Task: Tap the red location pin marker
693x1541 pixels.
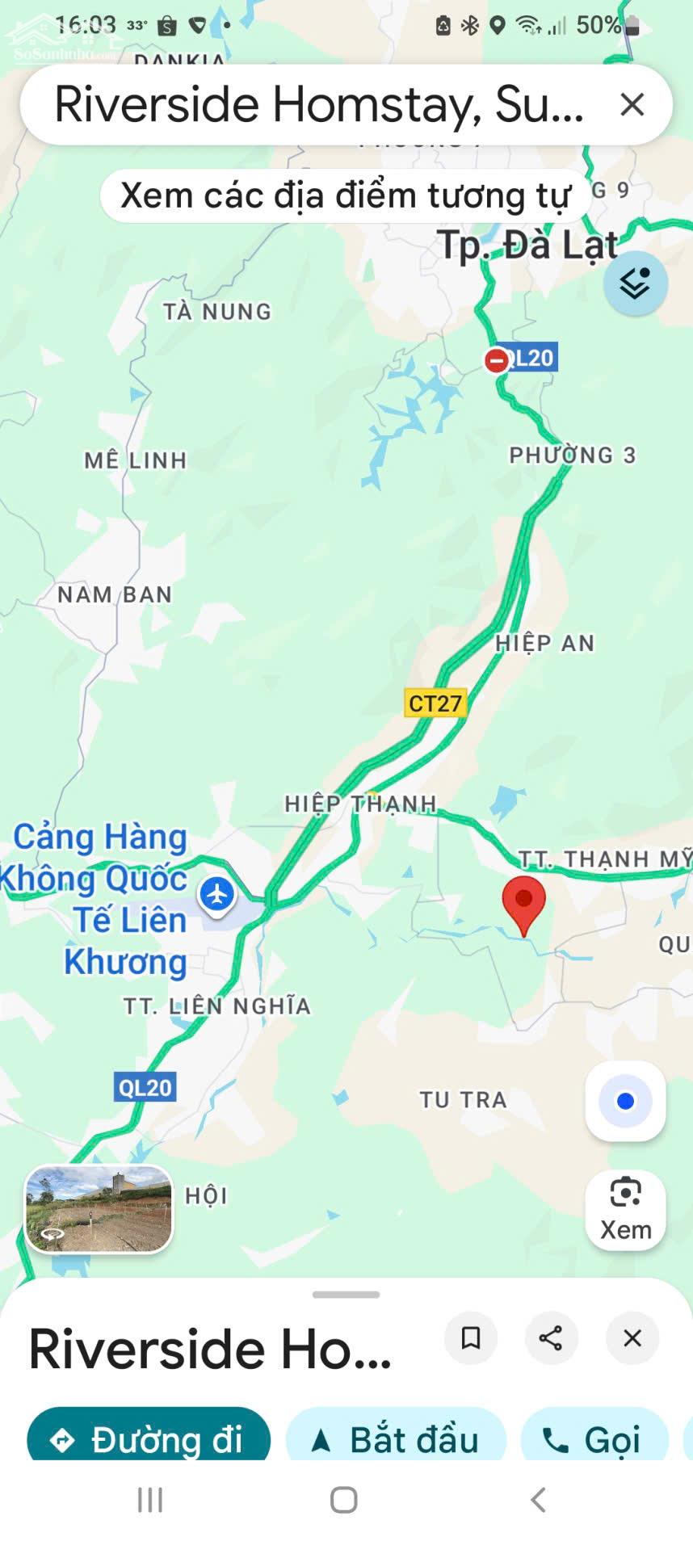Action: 523,901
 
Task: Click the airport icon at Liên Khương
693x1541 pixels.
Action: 216,894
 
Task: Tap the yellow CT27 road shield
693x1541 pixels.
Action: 435,703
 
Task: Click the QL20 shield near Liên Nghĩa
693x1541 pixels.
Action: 145,1087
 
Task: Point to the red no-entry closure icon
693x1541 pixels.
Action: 497,360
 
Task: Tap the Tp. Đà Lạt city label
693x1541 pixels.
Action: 527,245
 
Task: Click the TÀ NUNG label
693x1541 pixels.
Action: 216,312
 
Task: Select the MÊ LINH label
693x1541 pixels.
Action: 136,460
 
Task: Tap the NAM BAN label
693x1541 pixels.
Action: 115,594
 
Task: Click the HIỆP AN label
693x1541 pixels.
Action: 544,643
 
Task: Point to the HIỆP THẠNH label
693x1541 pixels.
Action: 360,804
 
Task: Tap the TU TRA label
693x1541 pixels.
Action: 463,1099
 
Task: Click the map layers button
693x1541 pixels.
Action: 635,283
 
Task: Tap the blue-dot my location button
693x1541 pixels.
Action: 625,1101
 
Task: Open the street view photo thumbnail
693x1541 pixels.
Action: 99,1208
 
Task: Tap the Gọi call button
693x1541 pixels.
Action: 595,1440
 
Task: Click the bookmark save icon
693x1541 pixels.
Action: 470,1338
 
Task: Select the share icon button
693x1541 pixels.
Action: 551,1338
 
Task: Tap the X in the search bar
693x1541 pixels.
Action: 632,104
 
